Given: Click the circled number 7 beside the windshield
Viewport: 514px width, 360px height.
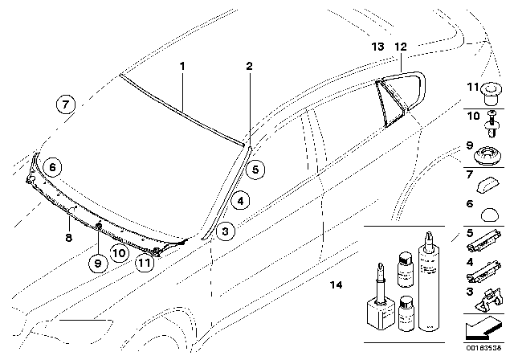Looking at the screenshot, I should pyautogui.click(x=66, y=103).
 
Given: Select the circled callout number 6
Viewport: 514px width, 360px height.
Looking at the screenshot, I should pyautogui.click(x=53, y=167).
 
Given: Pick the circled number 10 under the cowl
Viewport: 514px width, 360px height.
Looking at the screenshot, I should pyautogui.click(x=120, y=252).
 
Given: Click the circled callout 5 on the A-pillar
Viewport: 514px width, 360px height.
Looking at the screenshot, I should pyautogui.click(x=254, y=170).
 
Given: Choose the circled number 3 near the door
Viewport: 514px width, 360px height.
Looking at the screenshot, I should pyautogui.click(x=227, y=232).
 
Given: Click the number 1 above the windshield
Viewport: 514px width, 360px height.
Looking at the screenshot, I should pyautogui.click(x=182, y=64).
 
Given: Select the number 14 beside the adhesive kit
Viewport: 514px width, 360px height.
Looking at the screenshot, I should pyautogui.click(x=336, y=284).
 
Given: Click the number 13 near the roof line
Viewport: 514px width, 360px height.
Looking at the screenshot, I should pyautogui.click(x=378, y=47).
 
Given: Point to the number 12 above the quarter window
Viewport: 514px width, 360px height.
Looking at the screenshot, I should pyautogui.click(x=402, y=47).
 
